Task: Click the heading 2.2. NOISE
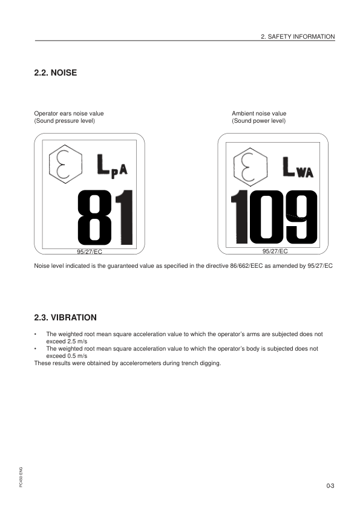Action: [x=56, y=73]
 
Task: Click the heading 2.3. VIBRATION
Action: [x=65, y=317]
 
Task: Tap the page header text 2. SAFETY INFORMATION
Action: [x=297, y=37]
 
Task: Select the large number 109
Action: [x=274, y=215]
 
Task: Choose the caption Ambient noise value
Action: [x=259, y=114]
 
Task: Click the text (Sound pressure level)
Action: [x=65, y=121]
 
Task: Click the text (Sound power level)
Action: [x=258, y=121]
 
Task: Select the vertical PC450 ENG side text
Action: [x=21, y=477]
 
